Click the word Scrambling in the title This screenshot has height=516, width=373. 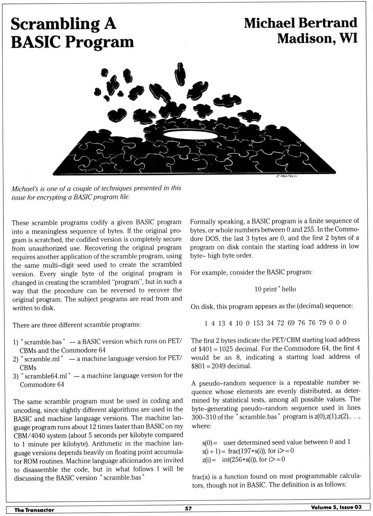[x=54, y=24]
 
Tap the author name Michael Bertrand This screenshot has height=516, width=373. [x=300, y=23]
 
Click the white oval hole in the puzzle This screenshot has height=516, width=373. [x=185, y=134]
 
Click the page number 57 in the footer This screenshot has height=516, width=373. [x=188, y=508]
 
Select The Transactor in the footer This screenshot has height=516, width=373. [x=34, y=510]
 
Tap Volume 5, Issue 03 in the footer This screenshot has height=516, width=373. [x=336, y=507]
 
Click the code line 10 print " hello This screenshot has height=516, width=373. [x=275, y=289]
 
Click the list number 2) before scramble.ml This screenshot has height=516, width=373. [x=16, y=359]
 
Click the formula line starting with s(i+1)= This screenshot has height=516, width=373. [x=248, y=451]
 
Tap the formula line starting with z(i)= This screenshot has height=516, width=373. [x=244, y=459]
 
